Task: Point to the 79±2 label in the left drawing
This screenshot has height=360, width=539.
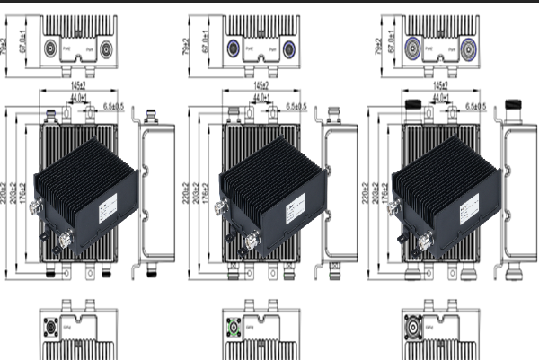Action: click(x=7, y=41)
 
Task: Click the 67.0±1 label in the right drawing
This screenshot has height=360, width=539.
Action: click(x=393, y=41)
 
